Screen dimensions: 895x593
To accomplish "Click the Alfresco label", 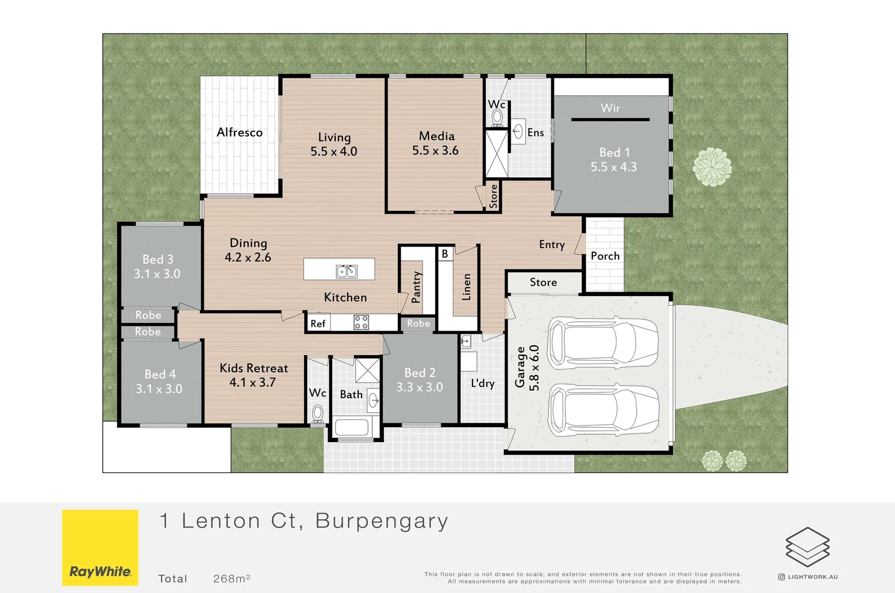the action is (x=240, y=132).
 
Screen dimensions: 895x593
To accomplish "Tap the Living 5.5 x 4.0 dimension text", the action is (x=333, y=152).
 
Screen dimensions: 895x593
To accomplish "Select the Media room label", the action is (x=437, y=136).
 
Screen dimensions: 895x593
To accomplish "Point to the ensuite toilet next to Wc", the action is (x=497, y=117).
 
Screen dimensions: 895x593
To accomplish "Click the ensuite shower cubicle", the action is (x=496, y=154).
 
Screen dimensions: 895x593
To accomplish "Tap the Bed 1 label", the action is (x=614, y=153).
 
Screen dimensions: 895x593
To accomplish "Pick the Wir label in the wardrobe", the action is (x=610, y=108).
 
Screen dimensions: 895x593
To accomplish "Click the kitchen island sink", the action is (x=346, y=271).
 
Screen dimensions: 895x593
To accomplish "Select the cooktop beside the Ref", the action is (x=361, y=322).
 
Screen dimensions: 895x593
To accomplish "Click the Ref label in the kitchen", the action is (x=318, y=324).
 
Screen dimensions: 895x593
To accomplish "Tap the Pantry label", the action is (x=416, y=287).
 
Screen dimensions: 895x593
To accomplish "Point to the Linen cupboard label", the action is (x=466, y=287).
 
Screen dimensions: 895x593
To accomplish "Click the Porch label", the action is (x=605, y=256).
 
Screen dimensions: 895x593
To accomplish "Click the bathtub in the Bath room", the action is (x=352, y=427).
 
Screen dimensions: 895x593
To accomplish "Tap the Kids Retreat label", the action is (x=254, y=368).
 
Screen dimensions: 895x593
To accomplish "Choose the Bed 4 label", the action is (x=160, y=374).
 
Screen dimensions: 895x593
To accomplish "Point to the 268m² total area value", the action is (x=231, y=579).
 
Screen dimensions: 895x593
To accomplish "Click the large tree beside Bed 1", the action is (x=712, y=166).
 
